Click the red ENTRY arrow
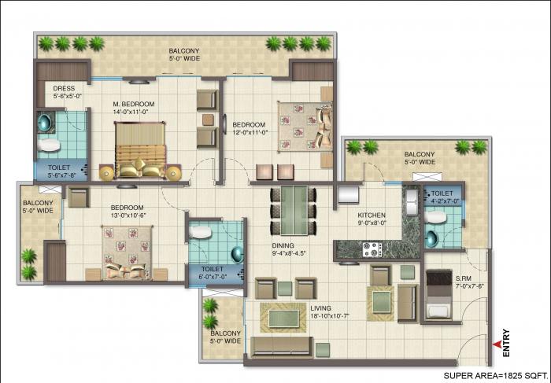pos(495,344)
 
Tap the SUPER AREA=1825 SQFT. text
pos(494,375)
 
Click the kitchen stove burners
pos(371,250)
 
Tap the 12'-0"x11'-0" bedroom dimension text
pos(250,131)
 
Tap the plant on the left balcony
pos(29,258)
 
